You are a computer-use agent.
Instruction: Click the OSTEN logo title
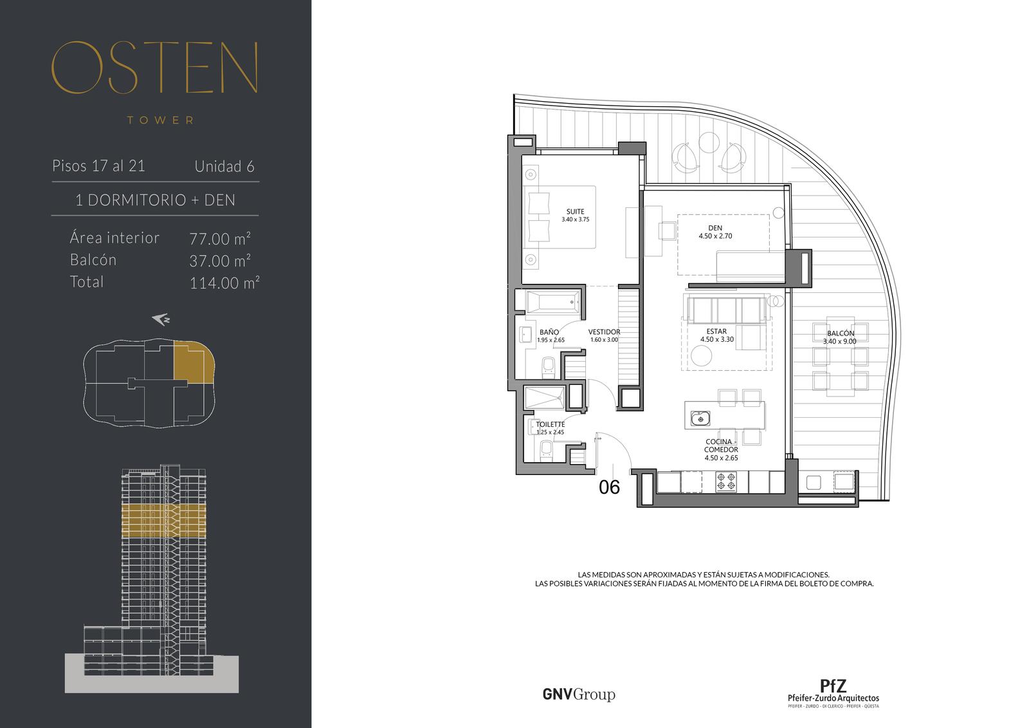155,68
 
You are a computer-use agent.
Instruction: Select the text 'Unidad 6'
224,167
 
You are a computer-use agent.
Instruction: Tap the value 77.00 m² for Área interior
220,239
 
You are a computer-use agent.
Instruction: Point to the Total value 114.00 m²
224,283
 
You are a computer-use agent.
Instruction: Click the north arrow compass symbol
161,319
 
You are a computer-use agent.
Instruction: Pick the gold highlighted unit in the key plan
193,362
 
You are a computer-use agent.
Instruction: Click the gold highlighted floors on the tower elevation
163,521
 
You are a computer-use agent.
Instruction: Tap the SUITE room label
575,212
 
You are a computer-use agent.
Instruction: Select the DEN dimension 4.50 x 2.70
715,236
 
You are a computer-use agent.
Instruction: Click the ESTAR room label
716,331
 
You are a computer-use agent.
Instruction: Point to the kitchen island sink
700,418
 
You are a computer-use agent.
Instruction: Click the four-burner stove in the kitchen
726,482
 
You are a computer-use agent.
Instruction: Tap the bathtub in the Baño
553,303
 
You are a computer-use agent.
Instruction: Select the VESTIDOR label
604,331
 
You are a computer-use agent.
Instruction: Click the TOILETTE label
551,424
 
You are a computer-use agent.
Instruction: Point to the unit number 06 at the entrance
609,487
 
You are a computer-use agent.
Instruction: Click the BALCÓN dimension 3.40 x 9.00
840,341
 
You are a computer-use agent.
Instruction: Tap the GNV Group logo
579,695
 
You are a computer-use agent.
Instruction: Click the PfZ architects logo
833,693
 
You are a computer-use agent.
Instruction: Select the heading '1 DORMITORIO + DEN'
155,200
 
